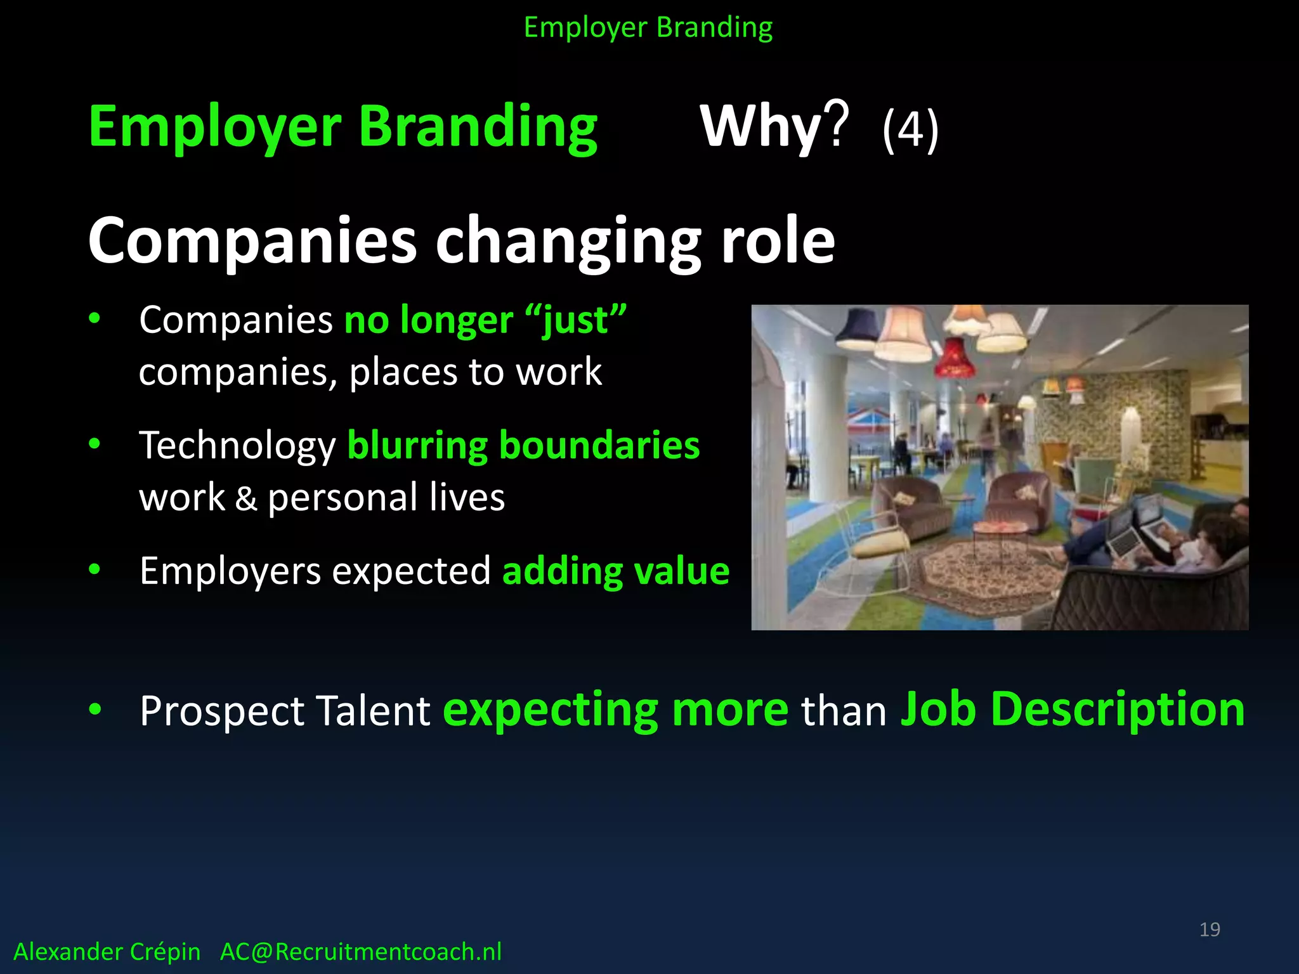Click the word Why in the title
click(x=761, y=127)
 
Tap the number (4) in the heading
click(x=910, y=130)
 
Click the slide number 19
click(x=1210, y=930)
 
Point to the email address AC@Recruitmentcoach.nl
click(x=360, y=952)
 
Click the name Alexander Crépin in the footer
click(x=107, y=952)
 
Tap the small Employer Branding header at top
click(x=648, y=28)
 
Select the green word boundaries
click(x=599, y=445)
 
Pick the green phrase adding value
click(x=615, y=571)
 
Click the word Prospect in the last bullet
click(x=222, y=710)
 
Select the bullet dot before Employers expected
click(x=95, y=569)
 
